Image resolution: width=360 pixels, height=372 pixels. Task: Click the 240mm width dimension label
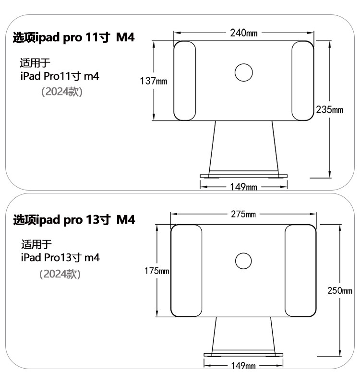pos(244,33)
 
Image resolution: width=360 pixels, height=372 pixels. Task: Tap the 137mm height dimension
pos(153,81)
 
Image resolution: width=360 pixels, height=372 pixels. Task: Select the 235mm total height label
pos(330,109)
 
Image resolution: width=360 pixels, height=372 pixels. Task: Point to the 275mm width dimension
pos(243,214)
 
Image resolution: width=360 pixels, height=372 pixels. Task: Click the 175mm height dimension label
pos(156,271)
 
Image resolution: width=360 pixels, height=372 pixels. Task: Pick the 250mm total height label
pos(340,290)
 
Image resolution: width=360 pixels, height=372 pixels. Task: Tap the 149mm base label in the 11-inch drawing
pos(243,187)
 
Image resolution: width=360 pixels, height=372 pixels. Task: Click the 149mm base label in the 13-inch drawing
pos(243,365)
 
